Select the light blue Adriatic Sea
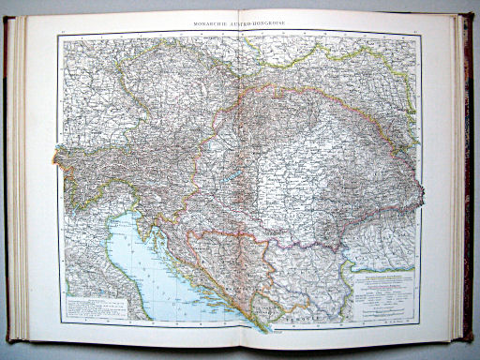141,272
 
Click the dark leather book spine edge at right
466,178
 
